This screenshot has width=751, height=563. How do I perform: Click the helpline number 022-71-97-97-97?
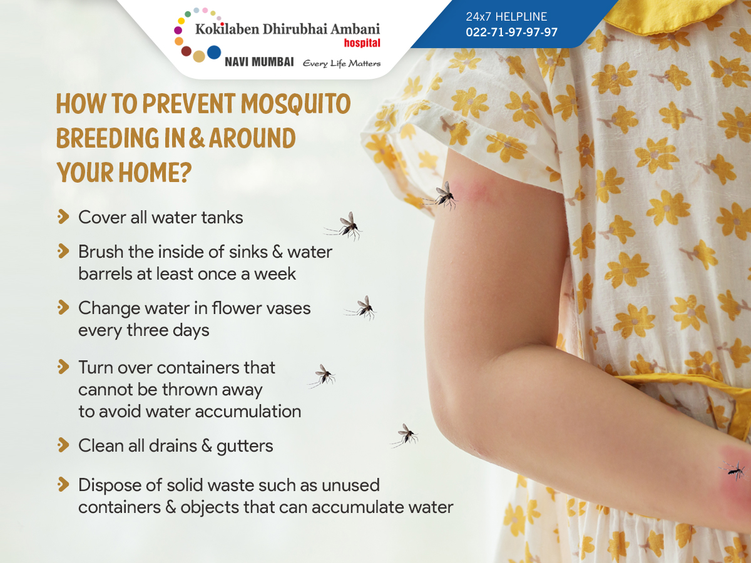[511, 32]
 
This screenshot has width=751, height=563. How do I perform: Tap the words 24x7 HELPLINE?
[506, 16]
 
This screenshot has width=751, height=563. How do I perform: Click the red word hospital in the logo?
[362, 43]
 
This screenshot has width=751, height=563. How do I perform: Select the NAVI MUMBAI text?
[259, 62]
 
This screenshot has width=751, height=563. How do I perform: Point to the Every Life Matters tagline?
[342, 64]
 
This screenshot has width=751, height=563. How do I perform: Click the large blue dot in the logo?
[214, 53]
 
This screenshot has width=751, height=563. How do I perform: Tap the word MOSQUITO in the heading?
[295, 104]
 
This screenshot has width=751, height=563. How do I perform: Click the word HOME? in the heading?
[155, 172]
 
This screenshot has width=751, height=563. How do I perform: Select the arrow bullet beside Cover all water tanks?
[63, 216]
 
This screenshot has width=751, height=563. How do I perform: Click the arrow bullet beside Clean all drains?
[63, 445]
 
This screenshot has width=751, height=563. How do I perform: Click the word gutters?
[245, 447]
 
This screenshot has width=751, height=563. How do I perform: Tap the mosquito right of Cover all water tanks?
[345, 226]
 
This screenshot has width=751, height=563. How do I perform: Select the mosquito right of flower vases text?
[362, 308]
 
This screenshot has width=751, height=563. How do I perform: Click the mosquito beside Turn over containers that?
[323, 376]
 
